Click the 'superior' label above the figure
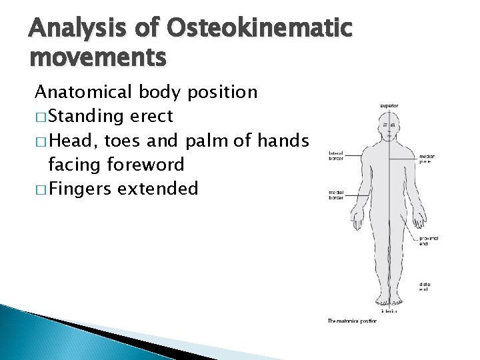click(x=389, y=105)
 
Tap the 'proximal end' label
click(x=429, y=241)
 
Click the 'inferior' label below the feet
click(x=389, y=311)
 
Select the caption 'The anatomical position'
click(x=352, y=321)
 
